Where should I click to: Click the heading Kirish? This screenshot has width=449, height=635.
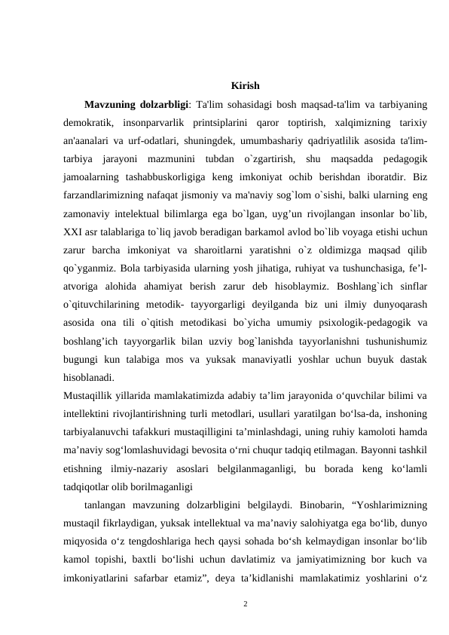[x=246, y=84]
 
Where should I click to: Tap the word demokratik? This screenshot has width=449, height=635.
[x=88, y=122]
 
